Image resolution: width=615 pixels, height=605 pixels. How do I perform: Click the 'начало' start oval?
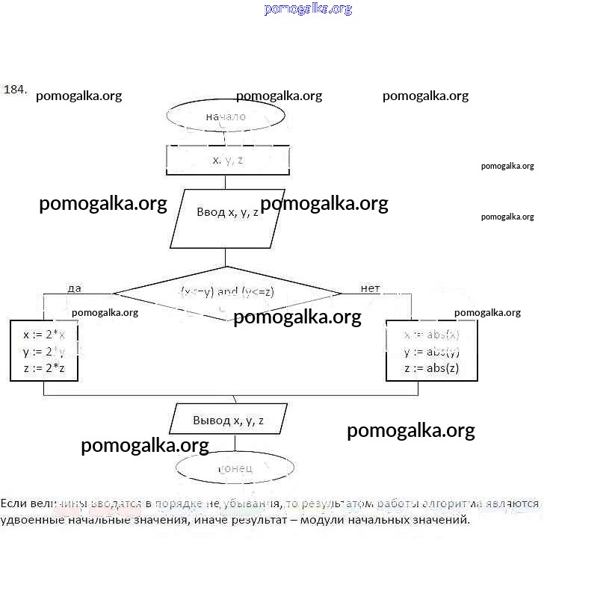point(226,117)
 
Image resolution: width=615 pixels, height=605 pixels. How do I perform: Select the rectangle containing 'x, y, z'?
point(227,160)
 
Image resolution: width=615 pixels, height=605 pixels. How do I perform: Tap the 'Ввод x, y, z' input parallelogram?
point(227,212)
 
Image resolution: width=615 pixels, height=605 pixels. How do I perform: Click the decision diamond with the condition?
point(227,292)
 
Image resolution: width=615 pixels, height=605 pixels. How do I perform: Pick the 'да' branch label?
point(74,288)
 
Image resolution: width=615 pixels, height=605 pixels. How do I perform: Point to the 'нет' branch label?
point(370,288)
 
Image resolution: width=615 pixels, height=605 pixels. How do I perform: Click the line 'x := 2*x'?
point(44,335)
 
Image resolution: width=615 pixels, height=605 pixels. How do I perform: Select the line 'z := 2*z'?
point(44,367)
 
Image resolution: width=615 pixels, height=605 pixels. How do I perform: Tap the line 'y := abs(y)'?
point(431,352)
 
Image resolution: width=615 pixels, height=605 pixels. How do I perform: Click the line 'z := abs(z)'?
point(431,368)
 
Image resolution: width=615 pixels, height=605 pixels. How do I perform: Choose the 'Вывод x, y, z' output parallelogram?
point(228,420)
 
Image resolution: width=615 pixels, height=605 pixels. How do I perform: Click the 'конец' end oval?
point(235,468)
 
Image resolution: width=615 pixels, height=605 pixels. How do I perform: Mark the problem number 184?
point(15,90)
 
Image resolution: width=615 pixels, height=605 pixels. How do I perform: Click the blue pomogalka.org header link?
point(308,9)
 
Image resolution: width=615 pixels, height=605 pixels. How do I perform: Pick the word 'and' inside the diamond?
point(227,292)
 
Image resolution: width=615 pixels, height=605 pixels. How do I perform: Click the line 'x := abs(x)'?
point(431,335)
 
